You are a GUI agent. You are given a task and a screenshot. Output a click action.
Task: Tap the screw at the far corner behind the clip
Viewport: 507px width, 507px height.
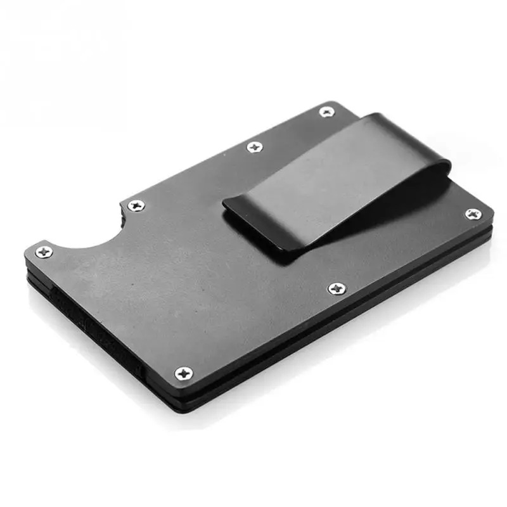pos(326,112)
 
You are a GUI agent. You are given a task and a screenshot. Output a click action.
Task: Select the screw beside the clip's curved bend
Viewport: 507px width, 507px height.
pos(473,214)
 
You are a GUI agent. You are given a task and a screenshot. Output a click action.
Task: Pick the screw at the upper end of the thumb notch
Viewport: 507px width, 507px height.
pos(136,205)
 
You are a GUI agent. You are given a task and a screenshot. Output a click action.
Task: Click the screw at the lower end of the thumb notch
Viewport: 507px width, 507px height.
pos(44,252)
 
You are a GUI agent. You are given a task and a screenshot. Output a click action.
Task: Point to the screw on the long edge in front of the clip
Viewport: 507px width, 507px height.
pos(337,289)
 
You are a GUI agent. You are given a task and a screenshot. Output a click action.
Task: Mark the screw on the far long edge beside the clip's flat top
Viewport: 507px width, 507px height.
pos(255,147)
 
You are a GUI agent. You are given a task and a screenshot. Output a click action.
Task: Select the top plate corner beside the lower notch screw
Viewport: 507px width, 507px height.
pos(29,253)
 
